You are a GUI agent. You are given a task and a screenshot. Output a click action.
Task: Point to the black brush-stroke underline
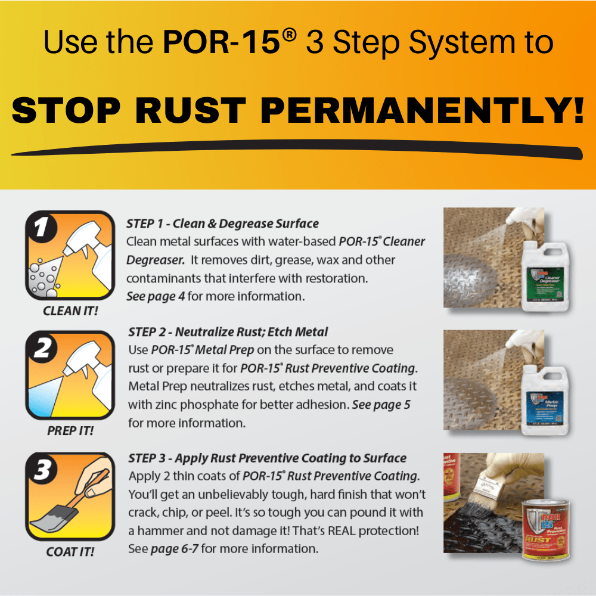(298, 150)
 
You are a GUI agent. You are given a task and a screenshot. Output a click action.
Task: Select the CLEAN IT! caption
(70, 311)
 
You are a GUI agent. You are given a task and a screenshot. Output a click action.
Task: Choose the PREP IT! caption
(70, 431)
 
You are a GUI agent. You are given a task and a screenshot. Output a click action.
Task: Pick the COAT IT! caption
(70, 552)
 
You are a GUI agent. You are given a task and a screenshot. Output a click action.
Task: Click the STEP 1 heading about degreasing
(222, 224)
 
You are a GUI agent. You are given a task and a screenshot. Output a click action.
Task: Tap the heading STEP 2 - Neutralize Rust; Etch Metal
(228, 331)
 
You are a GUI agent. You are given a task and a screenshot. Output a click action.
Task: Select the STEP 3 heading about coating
(267, 458)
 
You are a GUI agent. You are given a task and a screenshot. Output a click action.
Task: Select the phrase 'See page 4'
(156, 296)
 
